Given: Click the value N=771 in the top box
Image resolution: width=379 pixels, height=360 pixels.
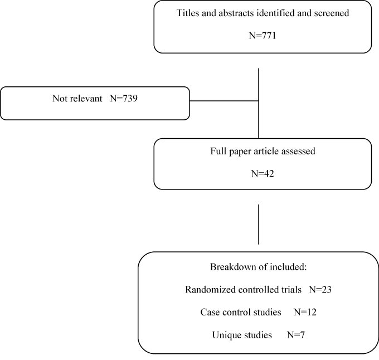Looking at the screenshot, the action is (x=263, y=36).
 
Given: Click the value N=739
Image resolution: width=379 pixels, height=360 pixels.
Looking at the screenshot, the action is (x=124, y=99).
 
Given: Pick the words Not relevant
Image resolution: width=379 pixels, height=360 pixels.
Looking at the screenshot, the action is (x=77, y=99).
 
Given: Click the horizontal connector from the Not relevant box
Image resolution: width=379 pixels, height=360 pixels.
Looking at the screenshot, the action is (x=224, y=101).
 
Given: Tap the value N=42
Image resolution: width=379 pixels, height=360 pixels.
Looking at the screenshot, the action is (x=263, y=174).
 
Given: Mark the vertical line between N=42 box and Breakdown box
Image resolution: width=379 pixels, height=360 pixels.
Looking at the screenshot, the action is (x=259, y=225).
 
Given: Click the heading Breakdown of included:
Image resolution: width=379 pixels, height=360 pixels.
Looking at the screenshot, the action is (x=259, y=267).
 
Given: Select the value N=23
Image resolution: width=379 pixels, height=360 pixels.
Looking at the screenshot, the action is (x=320, y=290).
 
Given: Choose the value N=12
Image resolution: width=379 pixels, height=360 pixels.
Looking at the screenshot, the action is (x=305, y=312).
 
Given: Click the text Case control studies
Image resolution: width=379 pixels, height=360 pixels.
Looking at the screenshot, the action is (x=241, y=312).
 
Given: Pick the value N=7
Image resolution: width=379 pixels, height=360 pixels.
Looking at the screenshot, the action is (x=296, y=335).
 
